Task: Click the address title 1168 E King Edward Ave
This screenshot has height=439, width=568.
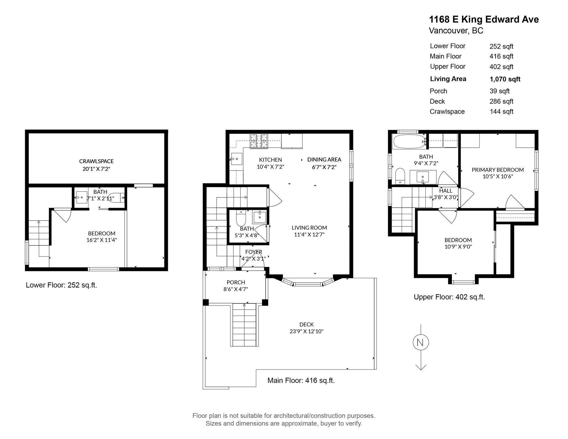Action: pos(484,20)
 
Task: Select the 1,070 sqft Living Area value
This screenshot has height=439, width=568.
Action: pos(505,79)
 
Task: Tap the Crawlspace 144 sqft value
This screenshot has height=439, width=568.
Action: pos(501,112)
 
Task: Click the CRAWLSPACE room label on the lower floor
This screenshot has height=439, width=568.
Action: pos(96,161)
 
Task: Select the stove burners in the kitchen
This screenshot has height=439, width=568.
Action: pos(259,141)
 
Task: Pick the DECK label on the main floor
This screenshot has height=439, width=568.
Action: pos(306,324)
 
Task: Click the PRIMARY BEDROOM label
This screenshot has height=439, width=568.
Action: pos(498,170)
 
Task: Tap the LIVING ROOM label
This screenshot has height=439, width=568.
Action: pos(309,228)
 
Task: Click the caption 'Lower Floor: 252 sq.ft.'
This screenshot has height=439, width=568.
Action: pos(62,285)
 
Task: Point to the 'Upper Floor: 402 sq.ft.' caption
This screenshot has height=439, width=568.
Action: pos(449,297)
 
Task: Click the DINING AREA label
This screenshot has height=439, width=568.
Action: pos(324,159)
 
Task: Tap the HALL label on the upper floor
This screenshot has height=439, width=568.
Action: pos(446,191)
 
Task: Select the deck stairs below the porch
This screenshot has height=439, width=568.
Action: pos(244,325)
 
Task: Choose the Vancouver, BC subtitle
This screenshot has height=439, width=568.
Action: pos(456,30)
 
